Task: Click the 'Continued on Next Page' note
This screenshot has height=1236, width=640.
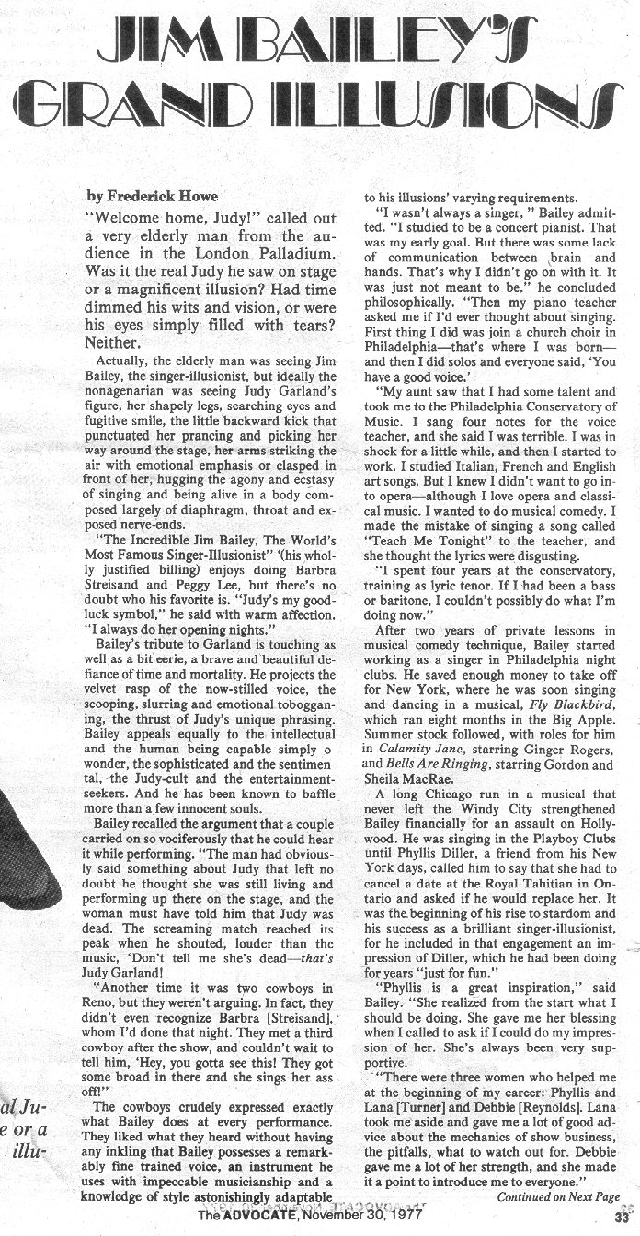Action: (558, 1196)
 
